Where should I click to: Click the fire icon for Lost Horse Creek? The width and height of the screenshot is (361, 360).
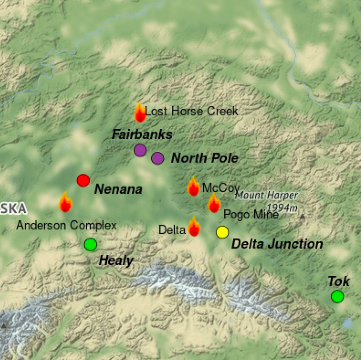140,113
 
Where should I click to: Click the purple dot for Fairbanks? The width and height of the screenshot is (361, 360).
140,150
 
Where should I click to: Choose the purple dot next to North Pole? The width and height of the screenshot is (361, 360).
157,158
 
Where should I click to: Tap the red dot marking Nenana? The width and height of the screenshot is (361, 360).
83,180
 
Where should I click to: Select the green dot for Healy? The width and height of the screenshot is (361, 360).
91,244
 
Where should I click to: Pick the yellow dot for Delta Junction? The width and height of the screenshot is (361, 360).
222,231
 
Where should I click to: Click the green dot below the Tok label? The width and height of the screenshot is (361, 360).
337,296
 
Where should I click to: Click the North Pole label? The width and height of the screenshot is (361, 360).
204,158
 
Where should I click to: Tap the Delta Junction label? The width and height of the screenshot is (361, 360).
277,244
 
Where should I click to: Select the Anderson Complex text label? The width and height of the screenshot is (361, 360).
66,225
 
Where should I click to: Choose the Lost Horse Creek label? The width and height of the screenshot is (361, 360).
191,111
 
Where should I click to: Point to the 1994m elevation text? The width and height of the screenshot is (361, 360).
283,206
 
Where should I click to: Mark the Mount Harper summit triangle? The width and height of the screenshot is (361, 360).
303,216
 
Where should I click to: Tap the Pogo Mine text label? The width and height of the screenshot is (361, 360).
251,215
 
